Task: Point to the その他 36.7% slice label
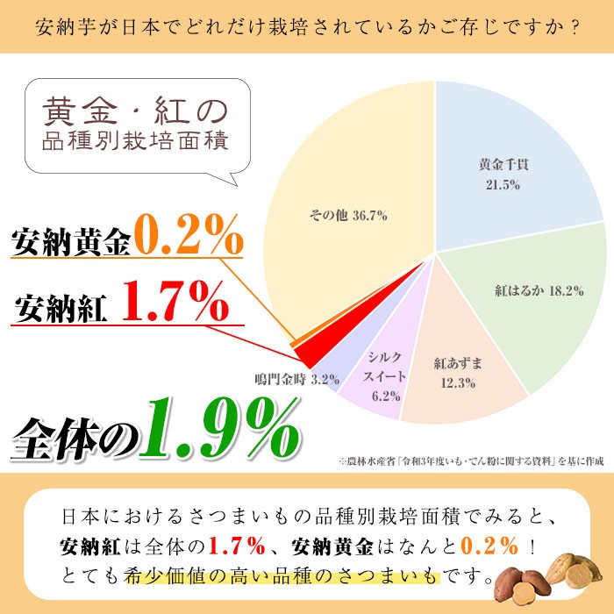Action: coord(349,215)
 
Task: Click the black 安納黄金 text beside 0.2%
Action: coord(70,240)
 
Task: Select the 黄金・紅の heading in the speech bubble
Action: coord(136,112)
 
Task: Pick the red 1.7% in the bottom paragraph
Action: coord(237,546)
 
